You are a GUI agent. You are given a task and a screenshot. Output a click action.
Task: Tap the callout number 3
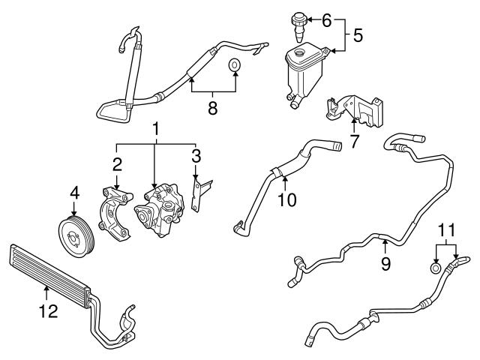pos(196,155)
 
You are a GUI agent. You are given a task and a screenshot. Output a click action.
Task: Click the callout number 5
pos(358,35)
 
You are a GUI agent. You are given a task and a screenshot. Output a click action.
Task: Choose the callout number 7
pos(354,140)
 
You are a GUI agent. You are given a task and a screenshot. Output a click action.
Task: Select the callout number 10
pos(287,200)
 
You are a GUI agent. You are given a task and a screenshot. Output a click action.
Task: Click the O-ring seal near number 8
pos(235,66)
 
